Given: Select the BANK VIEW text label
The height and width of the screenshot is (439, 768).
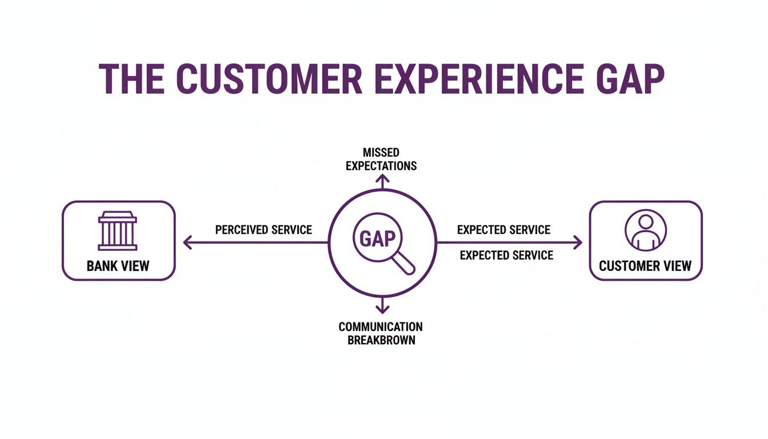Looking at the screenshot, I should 118,266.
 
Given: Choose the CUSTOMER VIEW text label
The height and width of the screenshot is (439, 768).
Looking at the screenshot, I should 645,266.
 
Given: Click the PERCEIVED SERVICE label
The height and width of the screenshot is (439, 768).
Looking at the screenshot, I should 263,230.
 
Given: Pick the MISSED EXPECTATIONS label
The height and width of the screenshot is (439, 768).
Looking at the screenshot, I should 381,159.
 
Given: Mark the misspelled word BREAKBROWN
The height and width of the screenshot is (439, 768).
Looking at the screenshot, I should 381,340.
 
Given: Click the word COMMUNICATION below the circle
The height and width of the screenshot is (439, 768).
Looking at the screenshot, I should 381,327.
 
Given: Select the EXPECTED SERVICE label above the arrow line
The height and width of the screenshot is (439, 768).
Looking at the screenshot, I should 503,230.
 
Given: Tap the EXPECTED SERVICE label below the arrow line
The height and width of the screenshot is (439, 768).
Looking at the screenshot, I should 506,255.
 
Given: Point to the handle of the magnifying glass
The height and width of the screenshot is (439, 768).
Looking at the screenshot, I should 406,264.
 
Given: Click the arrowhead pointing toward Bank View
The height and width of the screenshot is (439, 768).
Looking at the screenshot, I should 186,243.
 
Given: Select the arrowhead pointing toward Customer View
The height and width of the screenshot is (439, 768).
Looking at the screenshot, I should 578,243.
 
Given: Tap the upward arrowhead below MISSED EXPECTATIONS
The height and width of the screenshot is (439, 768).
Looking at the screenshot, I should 382,179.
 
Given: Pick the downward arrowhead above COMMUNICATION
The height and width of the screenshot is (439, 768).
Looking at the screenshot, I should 382,309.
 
